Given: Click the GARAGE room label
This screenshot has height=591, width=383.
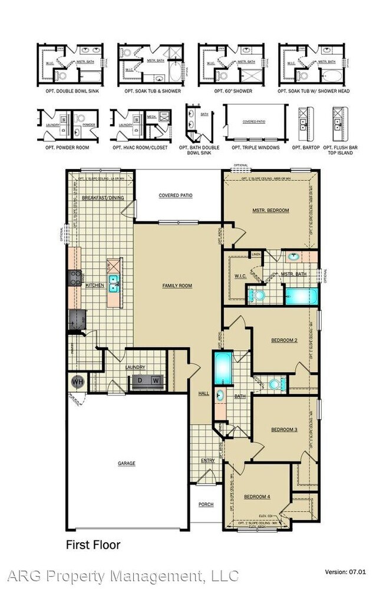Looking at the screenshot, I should [x=126, y=463].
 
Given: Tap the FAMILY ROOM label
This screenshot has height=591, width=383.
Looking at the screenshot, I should [x=177, y=285].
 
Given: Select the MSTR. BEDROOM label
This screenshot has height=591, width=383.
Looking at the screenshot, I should [x=270, y=210].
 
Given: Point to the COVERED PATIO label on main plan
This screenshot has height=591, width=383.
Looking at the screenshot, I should [x=176, y=195].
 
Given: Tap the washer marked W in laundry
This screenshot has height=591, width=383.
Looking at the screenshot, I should [x=156, y=381].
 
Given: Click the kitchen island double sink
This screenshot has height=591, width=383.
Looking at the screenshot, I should [x=113, y=283].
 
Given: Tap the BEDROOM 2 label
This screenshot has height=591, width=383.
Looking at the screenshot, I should [x=283, y=341].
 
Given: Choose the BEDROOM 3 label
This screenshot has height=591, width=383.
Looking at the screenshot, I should [x=284, y=430].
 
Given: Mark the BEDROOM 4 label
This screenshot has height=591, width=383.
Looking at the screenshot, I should [x=257, y=497].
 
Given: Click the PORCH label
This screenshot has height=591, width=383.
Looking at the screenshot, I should [x=206, y=504].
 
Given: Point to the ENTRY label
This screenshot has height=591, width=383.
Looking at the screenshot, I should [x=207, y=460].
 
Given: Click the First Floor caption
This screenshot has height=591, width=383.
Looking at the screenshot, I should [x=93, y=544].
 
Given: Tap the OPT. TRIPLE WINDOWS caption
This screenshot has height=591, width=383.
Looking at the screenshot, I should [x=255, y=147].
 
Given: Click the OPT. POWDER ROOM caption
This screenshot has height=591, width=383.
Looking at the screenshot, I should [x=67, y=147].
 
